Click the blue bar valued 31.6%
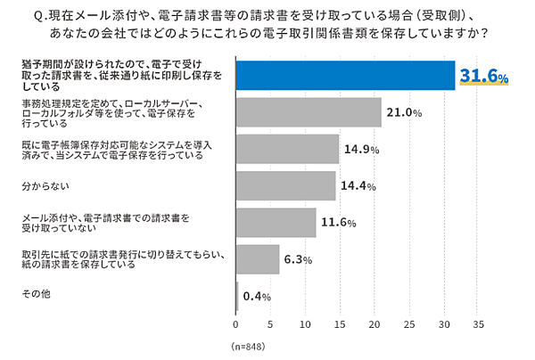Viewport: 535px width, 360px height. pos(346,77)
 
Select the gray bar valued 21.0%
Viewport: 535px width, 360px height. pos(309,112)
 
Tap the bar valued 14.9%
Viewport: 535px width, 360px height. pos(288,149)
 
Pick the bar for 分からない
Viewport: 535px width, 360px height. pos(286,185)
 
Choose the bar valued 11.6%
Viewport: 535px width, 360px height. pos(276,222)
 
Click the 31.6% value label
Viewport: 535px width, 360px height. pos(483,78)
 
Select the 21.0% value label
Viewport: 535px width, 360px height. pos(403,113)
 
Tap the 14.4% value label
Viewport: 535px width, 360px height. pos(358,186)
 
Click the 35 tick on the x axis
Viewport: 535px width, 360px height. pos(478,324)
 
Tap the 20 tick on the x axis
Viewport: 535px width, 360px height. pos(374,324)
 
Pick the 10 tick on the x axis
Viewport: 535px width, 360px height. pos(306,324)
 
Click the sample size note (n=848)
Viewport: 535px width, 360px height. pos(249,346)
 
